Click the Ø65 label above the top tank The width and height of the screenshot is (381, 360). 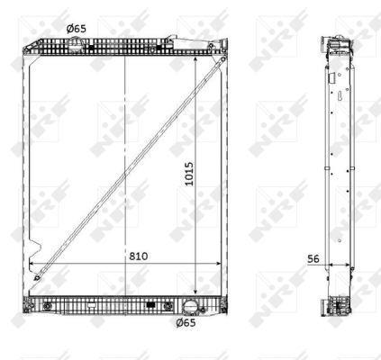tap(77, 29)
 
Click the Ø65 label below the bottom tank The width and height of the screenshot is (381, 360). tap(186, 323)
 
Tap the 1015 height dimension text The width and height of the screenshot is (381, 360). tap(189, 174)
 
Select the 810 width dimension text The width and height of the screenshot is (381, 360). tap(139, 256)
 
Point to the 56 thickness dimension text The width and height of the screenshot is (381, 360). tap(313, 258)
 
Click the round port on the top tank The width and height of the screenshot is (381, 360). tap(75, 43)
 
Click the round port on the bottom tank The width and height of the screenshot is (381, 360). tap(190, 307)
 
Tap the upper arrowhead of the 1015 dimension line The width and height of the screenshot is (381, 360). tap(195, 59)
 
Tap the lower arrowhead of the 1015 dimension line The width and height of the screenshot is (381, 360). tap(195, 292)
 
